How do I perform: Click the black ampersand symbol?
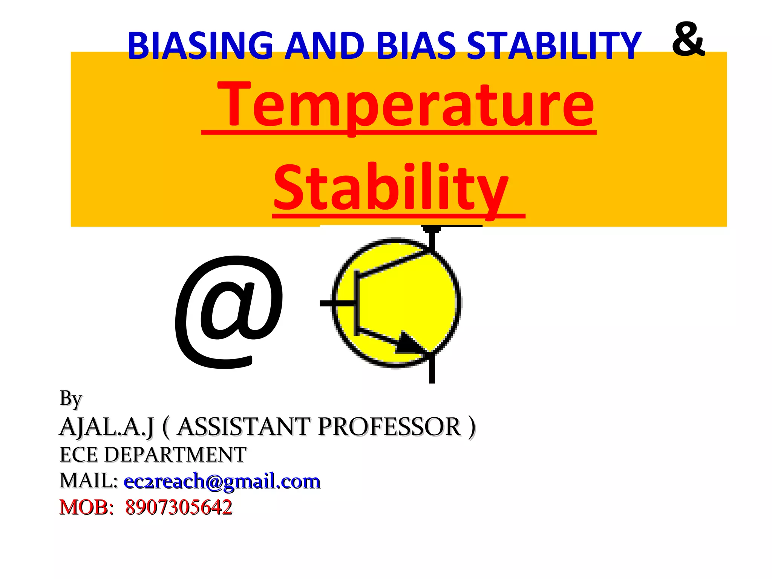tap(688, 39)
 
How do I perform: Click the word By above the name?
tap(70, 399)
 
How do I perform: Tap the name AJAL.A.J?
tap(107, 427)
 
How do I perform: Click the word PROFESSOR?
tap(389, 427)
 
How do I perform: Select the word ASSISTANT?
tap(244, 427)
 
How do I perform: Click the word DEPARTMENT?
tap(175, 455)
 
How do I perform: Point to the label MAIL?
tap(89, 481)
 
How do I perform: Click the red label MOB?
tap(86, 507)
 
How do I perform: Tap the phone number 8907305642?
tap(179, 507)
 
